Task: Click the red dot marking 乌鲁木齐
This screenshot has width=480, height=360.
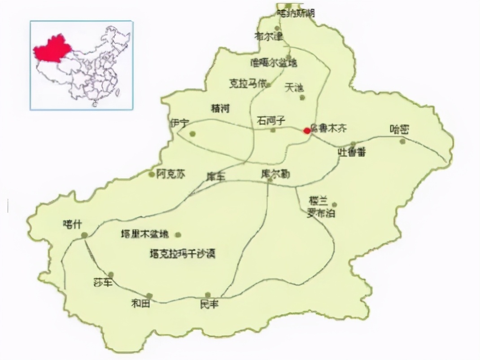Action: click(x=307, y=131)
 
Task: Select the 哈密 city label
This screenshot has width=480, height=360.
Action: click(x=399, y=130)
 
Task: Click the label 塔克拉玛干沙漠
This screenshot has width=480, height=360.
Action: click(x=183, y=254)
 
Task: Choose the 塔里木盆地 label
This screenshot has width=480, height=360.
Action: click(x=146, y=234)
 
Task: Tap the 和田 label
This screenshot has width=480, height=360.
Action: click(x=140, y=304)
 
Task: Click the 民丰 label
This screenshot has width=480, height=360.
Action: click(x=209, y=304)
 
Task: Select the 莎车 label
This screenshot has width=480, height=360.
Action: click(x=102, y=282)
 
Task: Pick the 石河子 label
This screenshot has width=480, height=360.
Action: click(x=271, y=120)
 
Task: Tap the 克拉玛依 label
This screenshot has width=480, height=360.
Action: click(x=248, y=83)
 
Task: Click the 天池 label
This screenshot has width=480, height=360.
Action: click(x=294, y=88)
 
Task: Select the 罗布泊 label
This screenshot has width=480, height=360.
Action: click(x=321, y=213)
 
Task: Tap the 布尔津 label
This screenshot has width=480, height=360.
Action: click(x=269, y=36)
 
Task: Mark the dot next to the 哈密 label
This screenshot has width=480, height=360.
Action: click(x=402, y=141)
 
